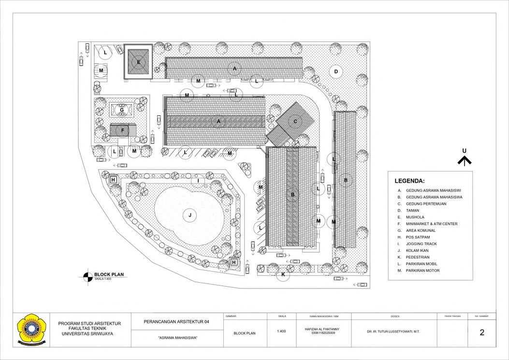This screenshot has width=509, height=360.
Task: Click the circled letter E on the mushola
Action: pos(138,62)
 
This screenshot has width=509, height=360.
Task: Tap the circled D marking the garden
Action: pos(335,72)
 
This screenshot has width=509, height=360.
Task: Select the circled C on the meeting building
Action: pos(295,122)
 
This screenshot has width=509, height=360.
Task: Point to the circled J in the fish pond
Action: pos(190,215)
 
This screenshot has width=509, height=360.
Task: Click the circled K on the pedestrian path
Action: pos(283,275)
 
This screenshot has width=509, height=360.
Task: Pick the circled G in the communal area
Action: pos(122,110)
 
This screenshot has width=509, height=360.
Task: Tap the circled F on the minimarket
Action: pos(123,130)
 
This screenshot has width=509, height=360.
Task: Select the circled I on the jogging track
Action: pos(198,181)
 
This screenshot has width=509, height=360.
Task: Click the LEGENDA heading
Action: pos(409,181)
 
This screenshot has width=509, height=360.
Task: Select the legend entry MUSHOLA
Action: pos(415,217)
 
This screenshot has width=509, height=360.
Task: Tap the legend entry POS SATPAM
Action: pos(419,237)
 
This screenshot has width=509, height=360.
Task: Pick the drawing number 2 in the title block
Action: pos(482,332)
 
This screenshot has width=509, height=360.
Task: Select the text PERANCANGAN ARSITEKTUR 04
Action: pos(177,322)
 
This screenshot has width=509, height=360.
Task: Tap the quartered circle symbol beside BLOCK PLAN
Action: pos(88,276)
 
